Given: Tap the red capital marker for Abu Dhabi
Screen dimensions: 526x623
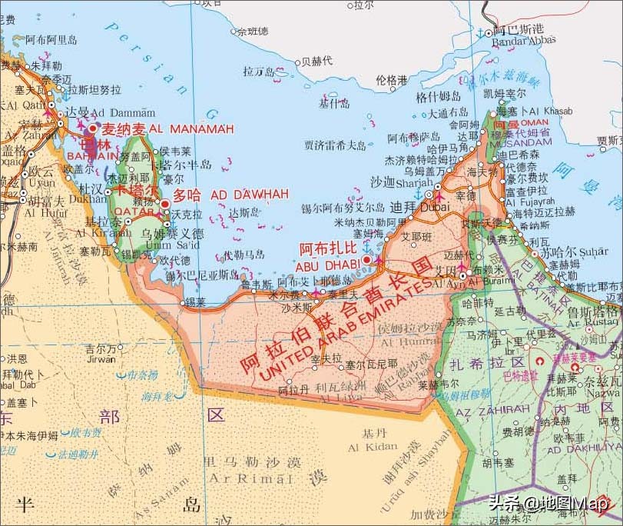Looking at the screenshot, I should point(367,260).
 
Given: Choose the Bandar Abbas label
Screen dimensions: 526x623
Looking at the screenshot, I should point(524,41).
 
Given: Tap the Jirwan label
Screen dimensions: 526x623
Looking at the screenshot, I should point(101,358).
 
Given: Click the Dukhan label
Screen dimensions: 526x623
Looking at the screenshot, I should point(88,198).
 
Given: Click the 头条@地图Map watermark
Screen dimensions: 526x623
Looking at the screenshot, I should point(548,504).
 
